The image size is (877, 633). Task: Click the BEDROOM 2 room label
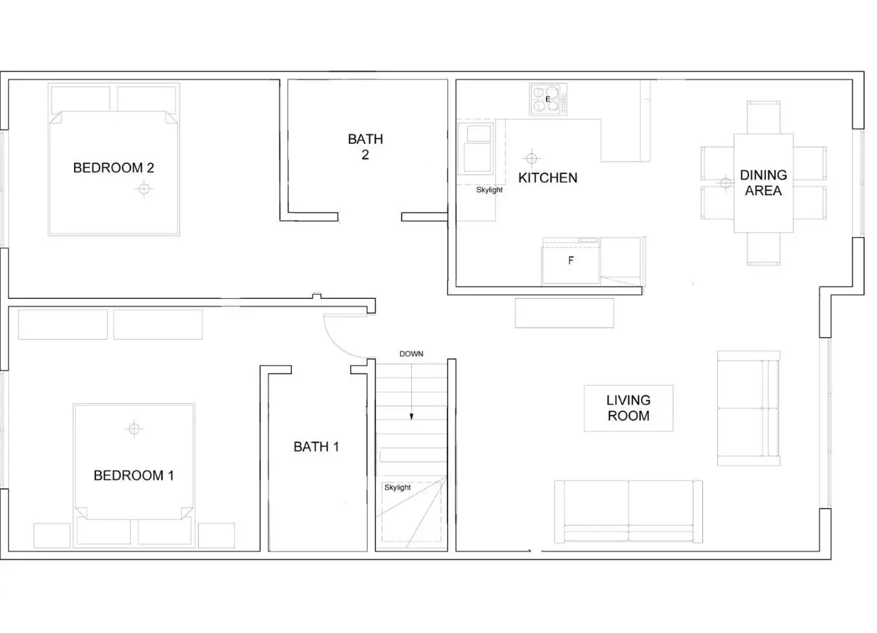point(114,168)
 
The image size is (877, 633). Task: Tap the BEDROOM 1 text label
point(134,475)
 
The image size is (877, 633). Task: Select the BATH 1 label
point(316,447)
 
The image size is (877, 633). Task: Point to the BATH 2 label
point(365,147)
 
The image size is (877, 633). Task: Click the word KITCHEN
point(547,177)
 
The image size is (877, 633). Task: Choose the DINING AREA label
point(763,183)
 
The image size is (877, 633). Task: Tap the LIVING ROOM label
point(628,408)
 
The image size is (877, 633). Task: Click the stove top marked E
point(547,99)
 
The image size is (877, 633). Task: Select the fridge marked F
point(571,261)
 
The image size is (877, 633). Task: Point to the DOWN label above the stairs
point(411,354)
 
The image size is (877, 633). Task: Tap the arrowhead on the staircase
point(412,417)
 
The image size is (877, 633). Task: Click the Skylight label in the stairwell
point(397,487)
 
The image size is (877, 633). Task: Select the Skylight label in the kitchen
point(489,190)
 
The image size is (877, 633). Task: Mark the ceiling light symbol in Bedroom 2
point(144,189)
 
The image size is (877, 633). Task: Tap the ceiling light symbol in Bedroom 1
point(134,429)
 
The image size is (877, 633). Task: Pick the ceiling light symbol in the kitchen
point(531,158)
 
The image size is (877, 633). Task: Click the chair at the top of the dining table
point(763,117)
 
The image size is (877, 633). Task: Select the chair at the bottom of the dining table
point(763,249)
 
